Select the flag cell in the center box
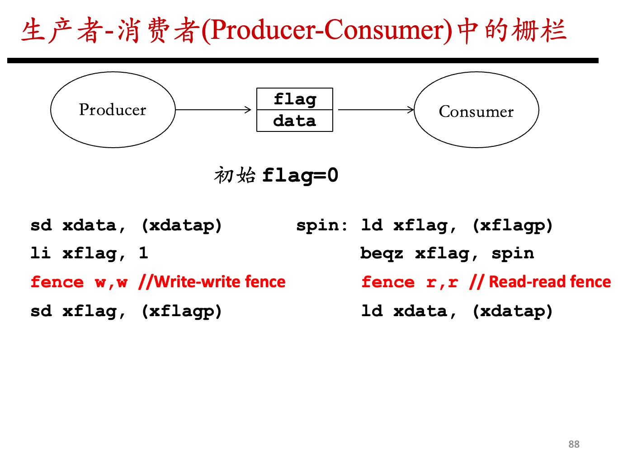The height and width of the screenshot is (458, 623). [295, 99]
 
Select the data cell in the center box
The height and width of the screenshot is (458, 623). [295, 121]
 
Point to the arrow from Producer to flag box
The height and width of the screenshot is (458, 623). [213, 110]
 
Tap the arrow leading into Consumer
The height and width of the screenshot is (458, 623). [376, 110]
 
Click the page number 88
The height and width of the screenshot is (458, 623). [574, 444]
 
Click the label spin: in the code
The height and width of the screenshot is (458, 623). [322, 225]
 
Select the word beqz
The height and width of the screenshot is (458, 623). [382, 254]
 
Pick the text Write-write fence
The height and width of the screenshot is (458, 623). [220, 282]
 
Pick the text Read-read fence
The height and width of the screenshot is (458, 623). [550, 282]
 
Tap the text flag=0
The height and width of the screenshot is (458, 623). [300, 176]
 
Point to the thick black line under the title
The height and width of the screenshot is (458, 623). [303, 61]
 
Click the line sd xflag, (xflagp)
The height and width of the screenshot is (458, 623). [126, 311]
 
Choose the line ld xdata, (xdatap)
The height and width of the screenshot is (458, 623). [457, 311]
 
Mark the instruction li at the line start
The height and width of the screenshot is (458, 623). [41, 253]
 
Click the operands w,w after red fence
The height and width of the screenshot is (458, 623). [111, 283]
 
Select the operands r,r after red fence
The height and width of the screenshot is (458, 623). [442, 283]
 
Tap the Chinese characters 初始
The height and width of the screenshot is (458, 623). [235, 175]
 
